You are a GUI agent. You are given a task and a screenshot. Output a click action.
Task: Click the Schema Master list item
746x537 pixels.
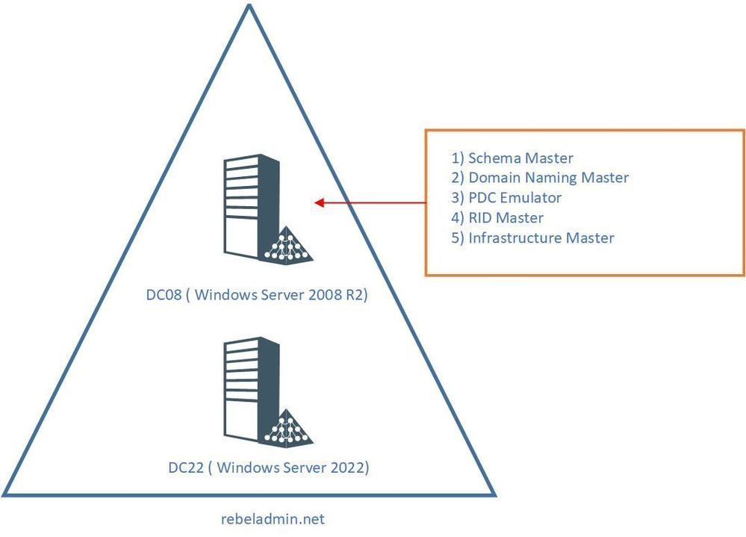(512, 158)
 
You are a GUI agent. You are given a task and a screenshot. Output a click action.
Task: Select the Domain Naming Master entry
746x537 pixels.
(540, 178)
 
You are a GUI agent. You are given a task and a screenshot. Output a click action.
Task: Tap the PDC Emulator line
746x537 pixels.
(506, 198)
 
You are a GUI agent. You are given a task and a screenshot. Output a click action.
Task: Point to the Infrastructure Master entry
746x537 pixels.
(532, 238)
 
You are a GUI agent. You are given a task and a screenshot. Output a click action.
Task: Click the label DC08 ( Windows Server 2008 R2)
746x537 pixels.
(257, 295)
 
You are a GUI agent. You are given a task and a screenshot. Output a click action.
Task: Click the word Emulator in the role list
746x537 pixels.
(530, 198)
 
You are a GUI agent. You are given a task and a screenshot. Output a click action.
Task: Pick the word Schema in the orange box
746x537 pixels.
(493, 158)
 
